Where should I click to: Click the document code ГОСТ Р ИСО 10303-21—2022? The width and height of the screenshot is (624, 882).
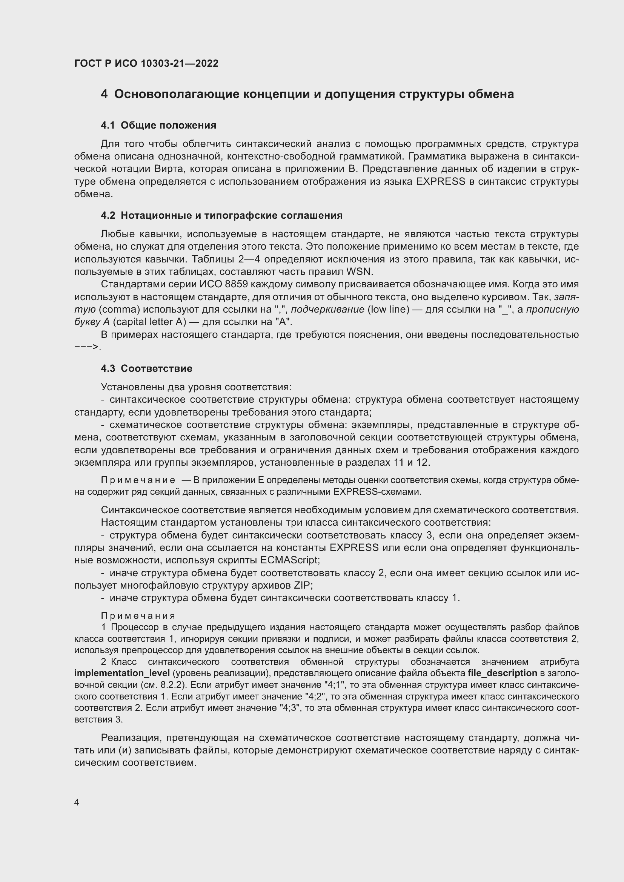coord(146,63)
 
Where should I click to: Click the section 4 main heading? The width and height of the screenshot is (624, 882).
coord(307,94)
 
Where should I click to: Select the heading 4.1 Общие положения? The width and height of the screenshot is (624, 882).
coord(158,125)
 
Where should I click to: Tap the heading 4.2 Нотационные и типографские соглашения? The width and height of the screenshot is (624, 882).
coord(222,216)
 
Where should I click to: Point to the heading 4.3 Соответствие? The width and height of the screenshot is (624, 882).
coord(146,368)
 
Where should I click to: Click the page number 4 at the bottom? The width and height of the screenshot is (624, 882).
coord(77,802)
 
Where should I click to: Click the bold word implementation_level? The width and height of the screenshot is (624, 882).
coord(122,673)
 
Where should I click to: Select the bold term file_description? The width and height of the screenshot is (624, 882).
coord(502,673)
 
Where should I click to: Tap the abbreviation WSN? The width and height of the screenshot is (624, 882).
coord(359,272)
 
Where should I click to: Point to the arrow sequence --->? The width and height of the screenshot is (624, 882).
coord(87,347)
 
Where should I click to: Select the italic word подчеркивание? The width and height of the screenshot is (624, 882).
coord(328,310)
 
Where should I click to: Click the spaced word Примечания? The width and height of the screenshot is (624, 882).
coord(138,616)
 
